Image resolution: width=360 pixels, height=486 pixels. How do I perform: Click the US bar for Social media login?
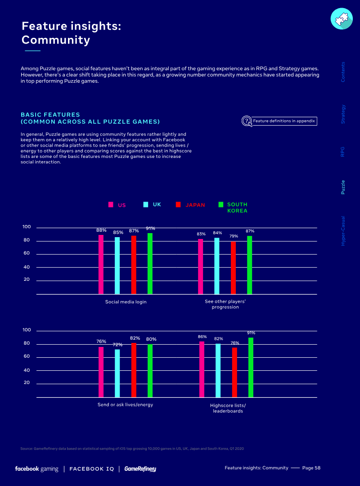(x=101, y=265)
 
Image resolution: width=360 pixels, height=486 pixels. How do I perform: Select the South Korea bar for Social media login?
(x=150, y=264)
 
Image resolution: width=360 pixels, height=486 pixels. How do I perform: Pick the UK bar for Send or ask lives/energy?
(x=117, y=373)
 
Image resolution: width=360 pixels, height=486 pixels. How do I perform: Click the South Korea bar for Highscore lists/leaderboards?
(x=251, y=368)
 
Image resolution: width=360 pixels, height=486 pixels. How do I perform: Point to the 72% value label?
(x=117, y=345)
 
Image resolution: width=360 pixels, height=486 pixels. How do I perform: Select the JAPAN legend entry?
(x=195, y=205)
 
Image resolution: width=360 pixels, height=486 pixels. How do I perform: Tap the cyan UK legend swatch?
(x=146, y=204)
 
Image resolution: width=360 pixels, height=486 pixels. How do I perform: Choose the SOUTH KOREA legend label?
(x=237, y=207)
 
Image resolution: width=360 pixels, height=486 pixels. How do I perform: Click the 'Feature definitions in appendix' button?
(x=284, y=121)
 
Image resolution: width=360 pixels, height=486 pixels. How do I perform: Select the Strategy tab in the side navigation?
(x=343, y=114)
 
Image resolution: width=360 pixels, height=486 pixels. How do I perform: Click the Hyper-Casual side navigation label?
(x=343, y=230)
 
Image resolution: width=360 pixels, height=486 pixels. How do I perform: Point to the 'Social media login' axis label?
(x=126, y=302)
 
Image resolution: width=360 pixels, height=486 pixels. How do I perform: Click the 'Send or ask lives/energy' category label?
(x=125, y=405)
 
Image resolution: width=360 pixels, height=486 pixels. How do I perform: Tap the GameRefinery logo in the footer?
(x=140, y=469)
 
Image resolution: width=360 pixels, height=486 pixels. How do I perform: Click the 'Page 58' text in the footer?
(x=311, y=468)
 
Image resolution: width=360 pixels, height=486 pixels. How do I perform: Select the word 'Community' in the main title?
(x=56, y=40)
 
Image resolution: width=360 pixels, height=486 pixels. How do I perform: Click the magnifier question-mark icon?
(x=247, y=121)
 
